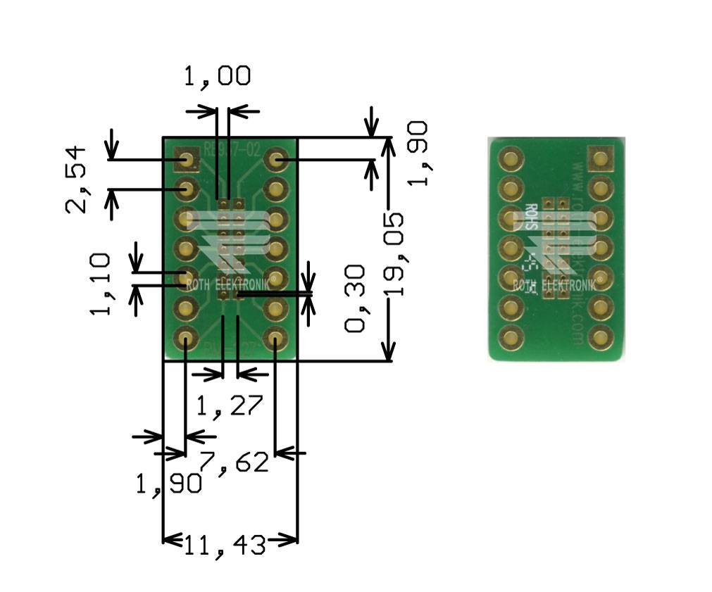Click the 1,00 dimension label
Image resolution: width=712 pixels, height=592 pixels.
pos(217,76)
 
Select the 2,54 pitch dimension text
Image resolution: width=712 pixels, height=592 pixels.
pos(76,180)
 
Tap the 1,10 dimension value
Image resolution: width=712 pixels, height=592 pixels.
pos(100,284)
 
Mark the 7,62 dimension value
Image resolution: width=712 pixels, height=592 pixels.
pos(235,462)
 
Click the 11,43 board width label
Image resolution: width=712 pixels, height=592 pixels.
pos(225,544)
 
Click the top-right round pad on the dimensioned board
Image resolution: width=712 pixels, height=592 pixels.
pos(275,160)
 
